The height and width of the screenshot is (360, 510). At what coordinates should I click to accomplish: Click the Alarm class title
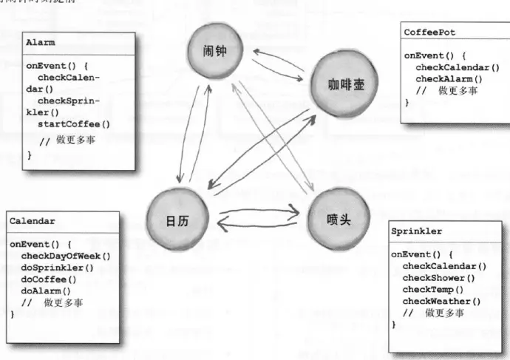pos(41,43)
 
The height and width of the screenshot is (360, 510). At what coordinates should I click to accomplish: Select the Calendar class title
pos(32,220)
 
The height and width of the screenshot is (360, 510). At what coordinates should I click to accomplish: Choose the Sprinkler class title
pos(417,231)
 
